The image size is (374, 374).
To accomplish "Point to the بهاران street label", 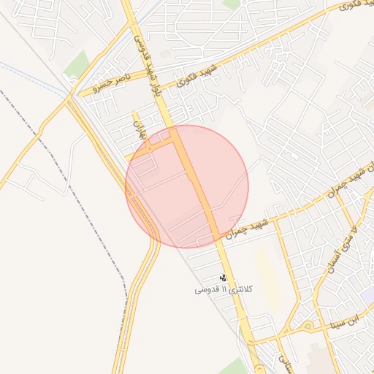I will point(140,129).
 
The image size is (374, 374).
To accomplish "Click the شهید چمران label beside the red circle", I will point(247,227).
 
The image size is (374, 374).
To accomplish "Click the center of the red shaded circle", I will point(187,186).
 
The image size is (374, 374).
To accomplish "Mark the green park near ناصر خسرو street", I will point(76,66).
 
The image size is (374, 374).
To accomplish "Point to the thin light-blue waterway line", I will point(29,72).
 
